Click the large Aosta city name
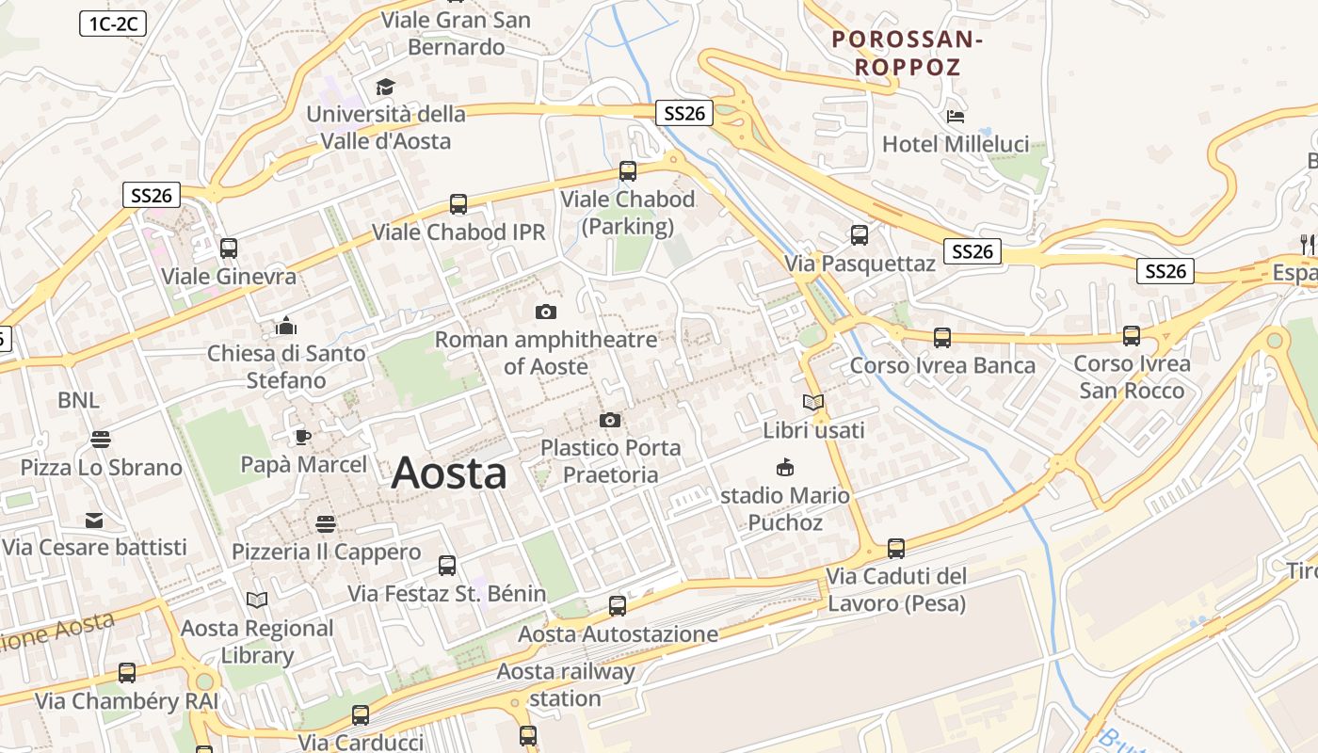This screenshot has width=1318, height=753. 449,473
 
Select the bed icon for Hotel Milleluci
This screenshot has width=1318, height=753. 956,118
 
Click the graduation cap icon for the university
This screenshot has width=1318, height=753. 385,88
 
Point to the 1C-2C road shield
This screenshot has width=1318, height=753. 112,24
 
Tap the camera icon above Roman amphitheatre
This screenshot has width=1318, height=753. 545,312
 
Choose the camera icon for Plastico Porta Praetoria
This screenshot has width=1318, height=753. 610,420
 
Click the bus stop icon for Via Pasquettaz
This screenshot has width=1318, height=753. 860,235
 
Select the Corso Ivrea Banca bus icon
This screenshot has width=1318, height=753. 941,337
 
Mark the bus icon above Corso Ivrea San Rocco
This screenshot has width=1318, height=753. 1132,336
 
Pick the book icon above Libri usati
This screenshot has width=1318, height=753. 812,403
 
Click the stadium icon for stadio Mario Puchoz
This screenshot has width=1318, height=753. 784,467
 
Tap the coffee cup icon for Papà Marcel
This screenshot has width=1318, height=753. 302,437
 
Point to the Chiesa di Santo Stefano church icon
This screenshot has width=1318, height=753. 285,326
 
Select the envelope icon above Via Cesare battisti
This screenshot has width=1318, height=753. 94,520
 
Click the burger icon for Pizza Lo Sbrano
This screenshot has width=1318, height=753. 100,440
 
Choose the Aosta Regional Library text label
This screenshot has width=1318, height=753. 257,641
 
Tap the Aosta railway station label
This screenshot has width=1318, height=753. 566,685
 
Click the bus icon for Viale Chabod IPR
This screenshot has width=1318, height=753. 458,203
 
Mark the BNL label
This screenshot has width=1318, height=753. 78,400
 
